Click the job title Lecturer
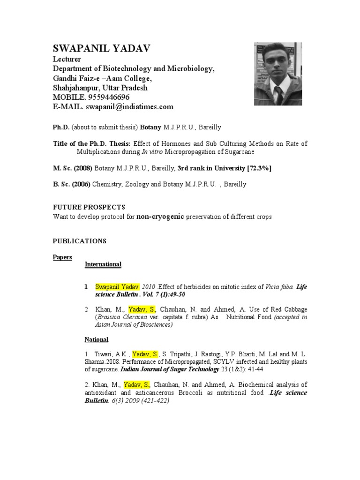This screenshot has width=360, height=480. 67,60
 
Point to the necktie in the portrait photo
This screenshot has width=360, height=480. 279,96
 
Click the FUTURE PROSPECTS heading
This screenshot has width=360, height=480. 89,207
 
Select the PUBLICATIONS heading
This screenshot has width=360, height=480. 79,241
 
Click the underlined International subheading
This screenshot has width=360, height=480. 103,264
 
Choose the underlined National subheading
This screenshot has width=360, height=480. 96,339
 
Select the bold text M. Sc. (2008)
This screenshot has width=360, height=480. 72,168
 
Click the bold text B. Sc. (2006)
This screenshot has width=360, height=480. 71,184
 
